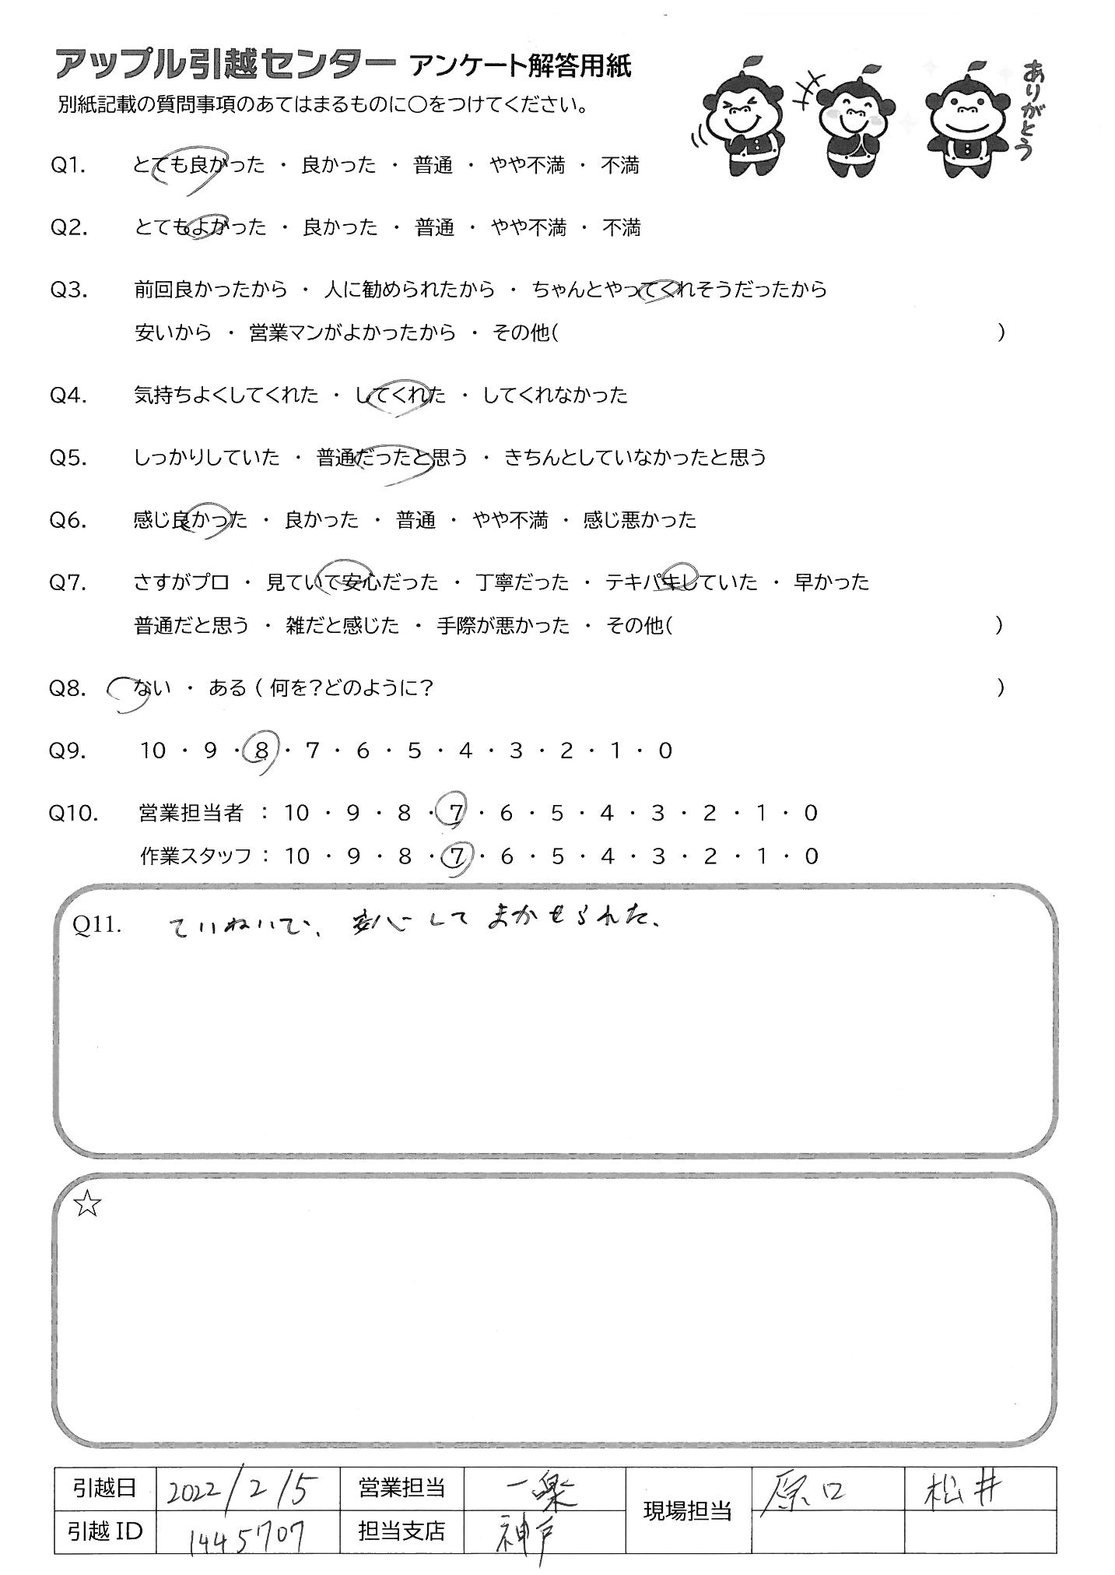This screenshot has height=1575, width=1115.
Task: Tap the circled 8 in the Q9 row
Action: click(x=261, y=751)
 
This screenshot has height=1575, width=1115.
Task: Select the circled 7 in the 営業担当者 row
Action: click(x=456, y=814)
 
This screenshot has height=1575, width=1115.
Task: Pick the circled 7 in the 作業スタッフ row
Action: click(x=457, y=856)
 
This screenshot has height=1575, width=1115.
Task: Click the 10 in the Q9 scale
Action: click(x=153, y=751)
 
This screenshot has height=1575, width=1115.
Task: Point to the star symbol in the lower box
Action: click(x=88, y=1205)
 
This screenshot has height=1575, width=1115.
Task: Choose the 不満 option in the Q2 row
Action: click(x=621, y=228)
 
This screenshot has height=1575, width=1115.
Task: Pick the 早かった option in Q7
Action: click(x=831, y=582)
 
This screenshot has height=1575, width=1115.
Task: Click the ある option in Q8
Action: click(x=227, y=688)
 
